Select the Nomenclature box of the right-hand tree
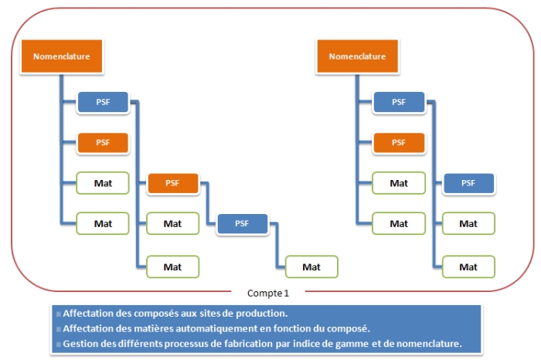(357, 56)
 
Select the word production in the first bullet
(260, 314)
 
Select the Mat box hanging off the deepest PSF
(311, 267)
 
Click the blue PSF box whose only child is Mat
(242, 224)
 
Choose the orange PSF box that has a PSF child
(172, 183)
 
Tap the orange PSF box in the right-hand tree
(399, 142)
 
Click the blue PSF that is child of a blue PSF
(468, 183)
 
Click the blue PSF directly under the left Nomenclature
(102, 101)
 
